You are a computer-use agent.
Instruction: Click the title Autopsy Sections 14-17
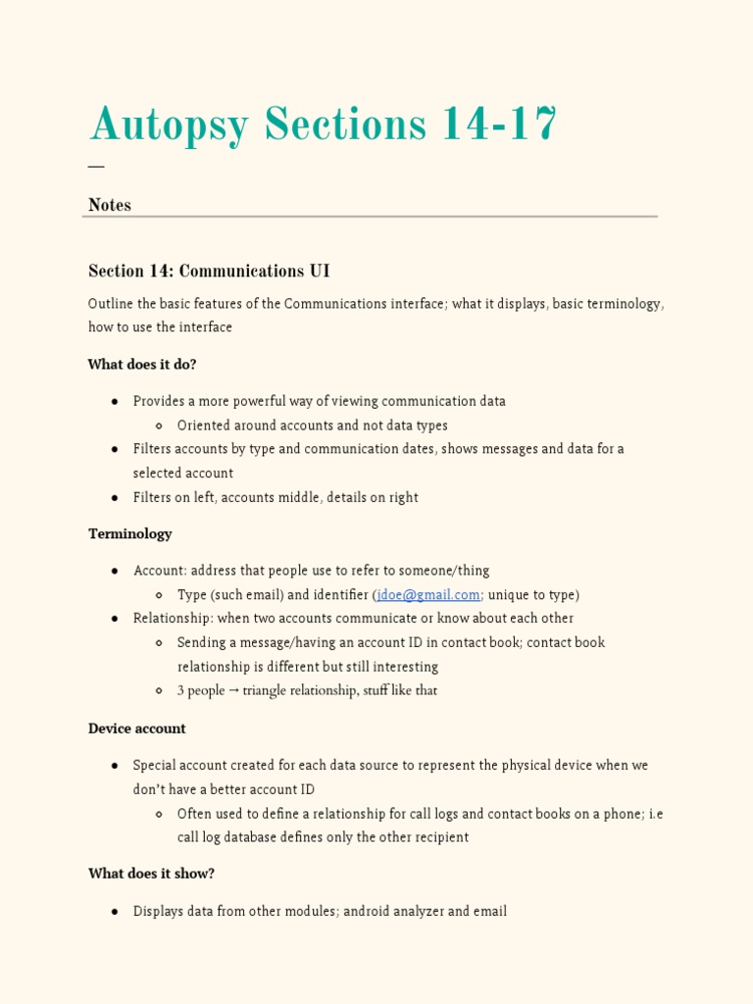click(x=323, y=125)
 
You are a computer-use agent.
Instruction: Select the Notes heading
click(x=110, y=205)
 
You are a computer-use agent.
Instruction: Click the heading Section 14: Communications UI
click(x=209, y=271)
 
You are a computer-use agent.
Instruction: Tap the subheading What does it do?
click(x=142, y=365)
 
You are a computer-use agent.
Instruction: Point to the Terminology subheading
click(x=130, y=534)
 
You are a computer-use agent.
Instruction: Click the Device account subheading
click(x=137, y=728)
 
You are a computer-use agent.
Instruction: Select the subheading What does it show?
click(x=151, y=874)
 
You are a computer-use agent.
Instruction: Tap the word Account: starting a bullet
click(x=160, y=571)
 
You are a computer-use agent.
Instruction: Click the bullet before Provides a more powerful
click(x=115, y=402)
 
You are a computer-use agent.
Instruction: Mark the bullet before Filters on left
click(x=115, y=498)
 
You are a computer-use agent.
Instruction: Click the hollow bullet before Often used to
click(x=159, y=814)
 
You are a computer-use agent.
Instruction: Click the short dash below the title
click(x=96, y=167)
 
